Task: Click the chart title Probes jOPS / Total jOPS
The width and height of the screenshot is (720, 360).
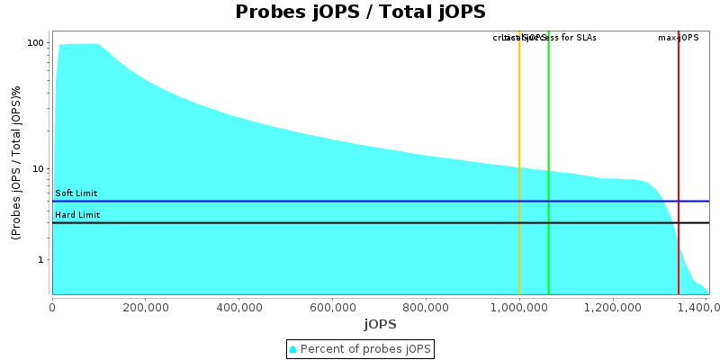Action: pos(360,12)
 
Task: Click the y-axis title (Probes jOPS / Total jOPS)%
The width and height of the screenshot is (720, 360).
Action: pos(16,163)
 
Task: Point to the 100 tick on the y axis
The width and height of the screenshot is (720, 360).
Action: pos(36,43)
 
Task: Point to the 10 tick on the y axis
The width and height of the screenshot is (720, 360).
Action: pos(39,168)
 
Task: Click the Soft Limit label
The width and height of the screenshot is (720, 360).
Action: pos(76,193)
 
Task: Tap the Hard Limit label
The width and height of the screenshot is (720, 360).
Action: pos(77,215)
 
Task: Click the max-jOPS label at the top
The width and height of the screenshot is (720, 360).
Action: pos(679,38)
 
